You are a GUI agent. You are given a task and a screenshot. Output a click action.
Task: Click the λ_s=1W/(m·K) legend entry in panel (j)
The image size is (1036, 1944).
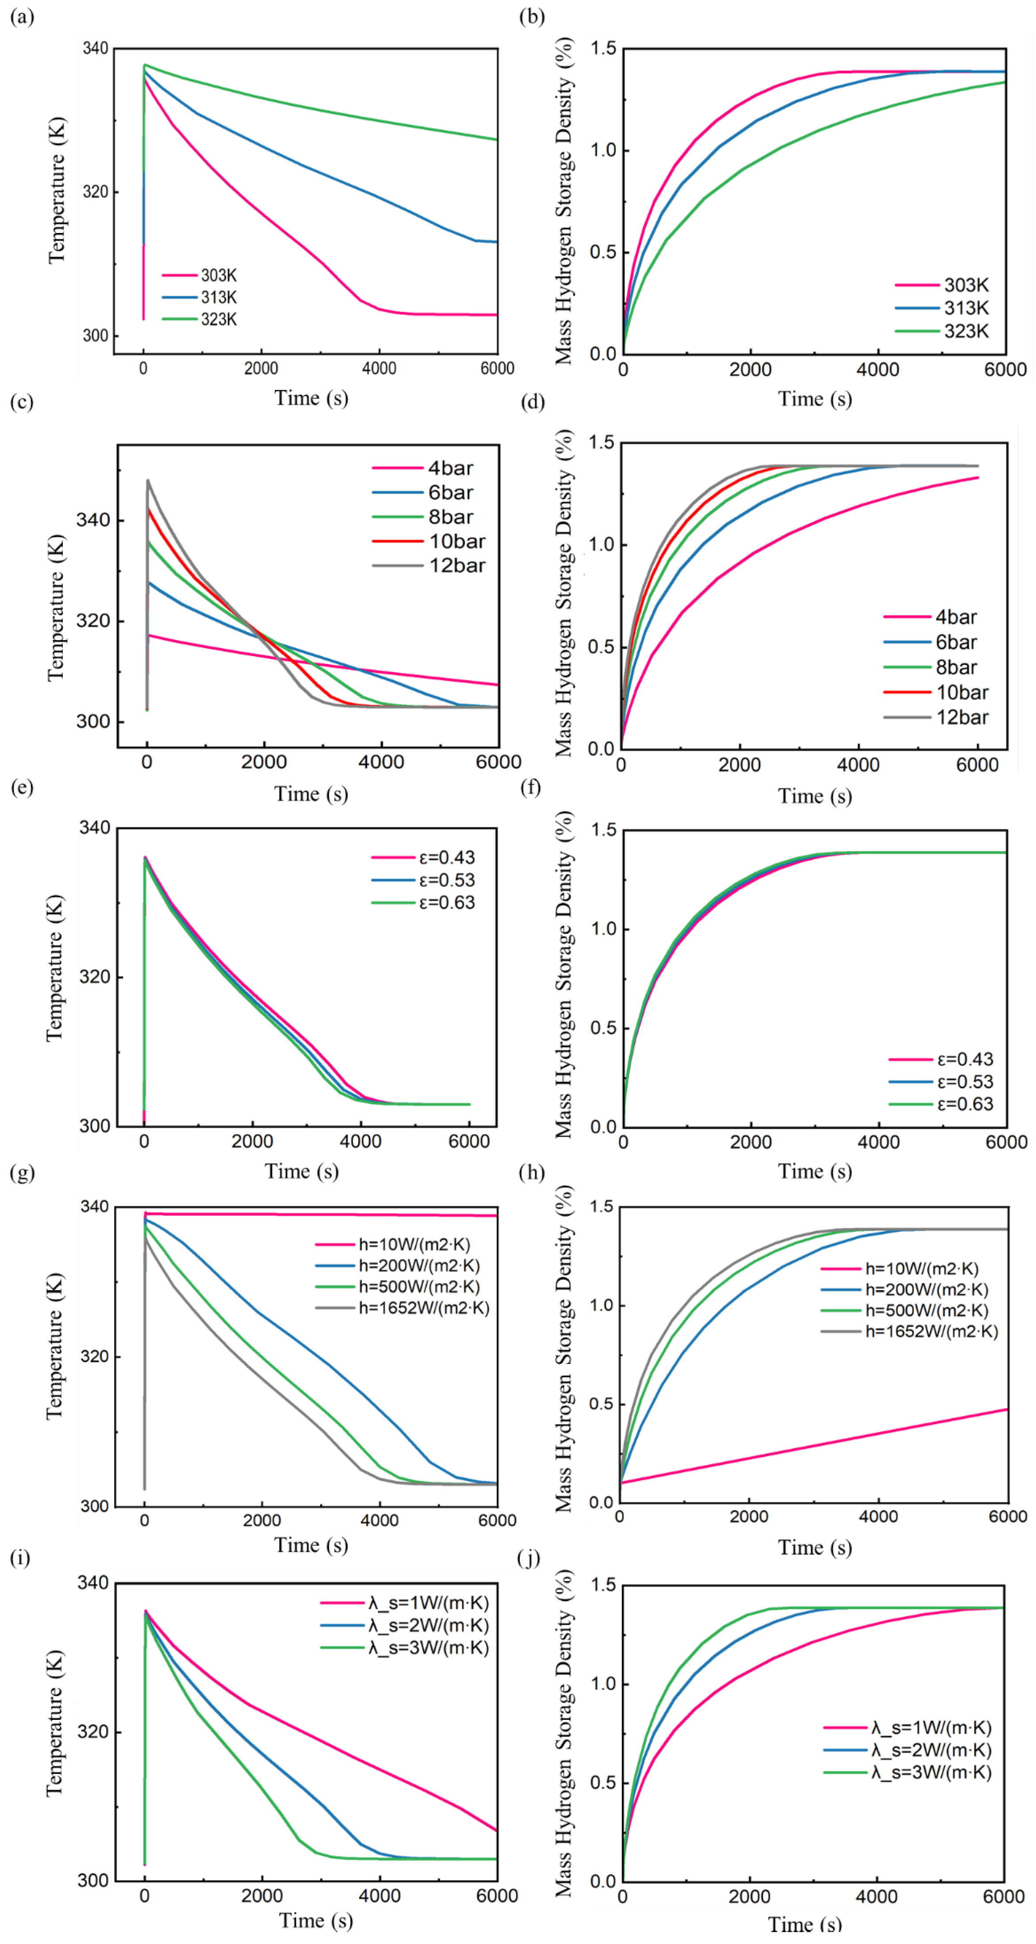click(x=931, y=1727)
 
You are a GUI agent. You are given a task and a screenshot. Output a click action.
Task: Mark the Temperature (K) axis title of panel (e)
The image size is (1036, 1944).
click(x=54, y=968)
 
